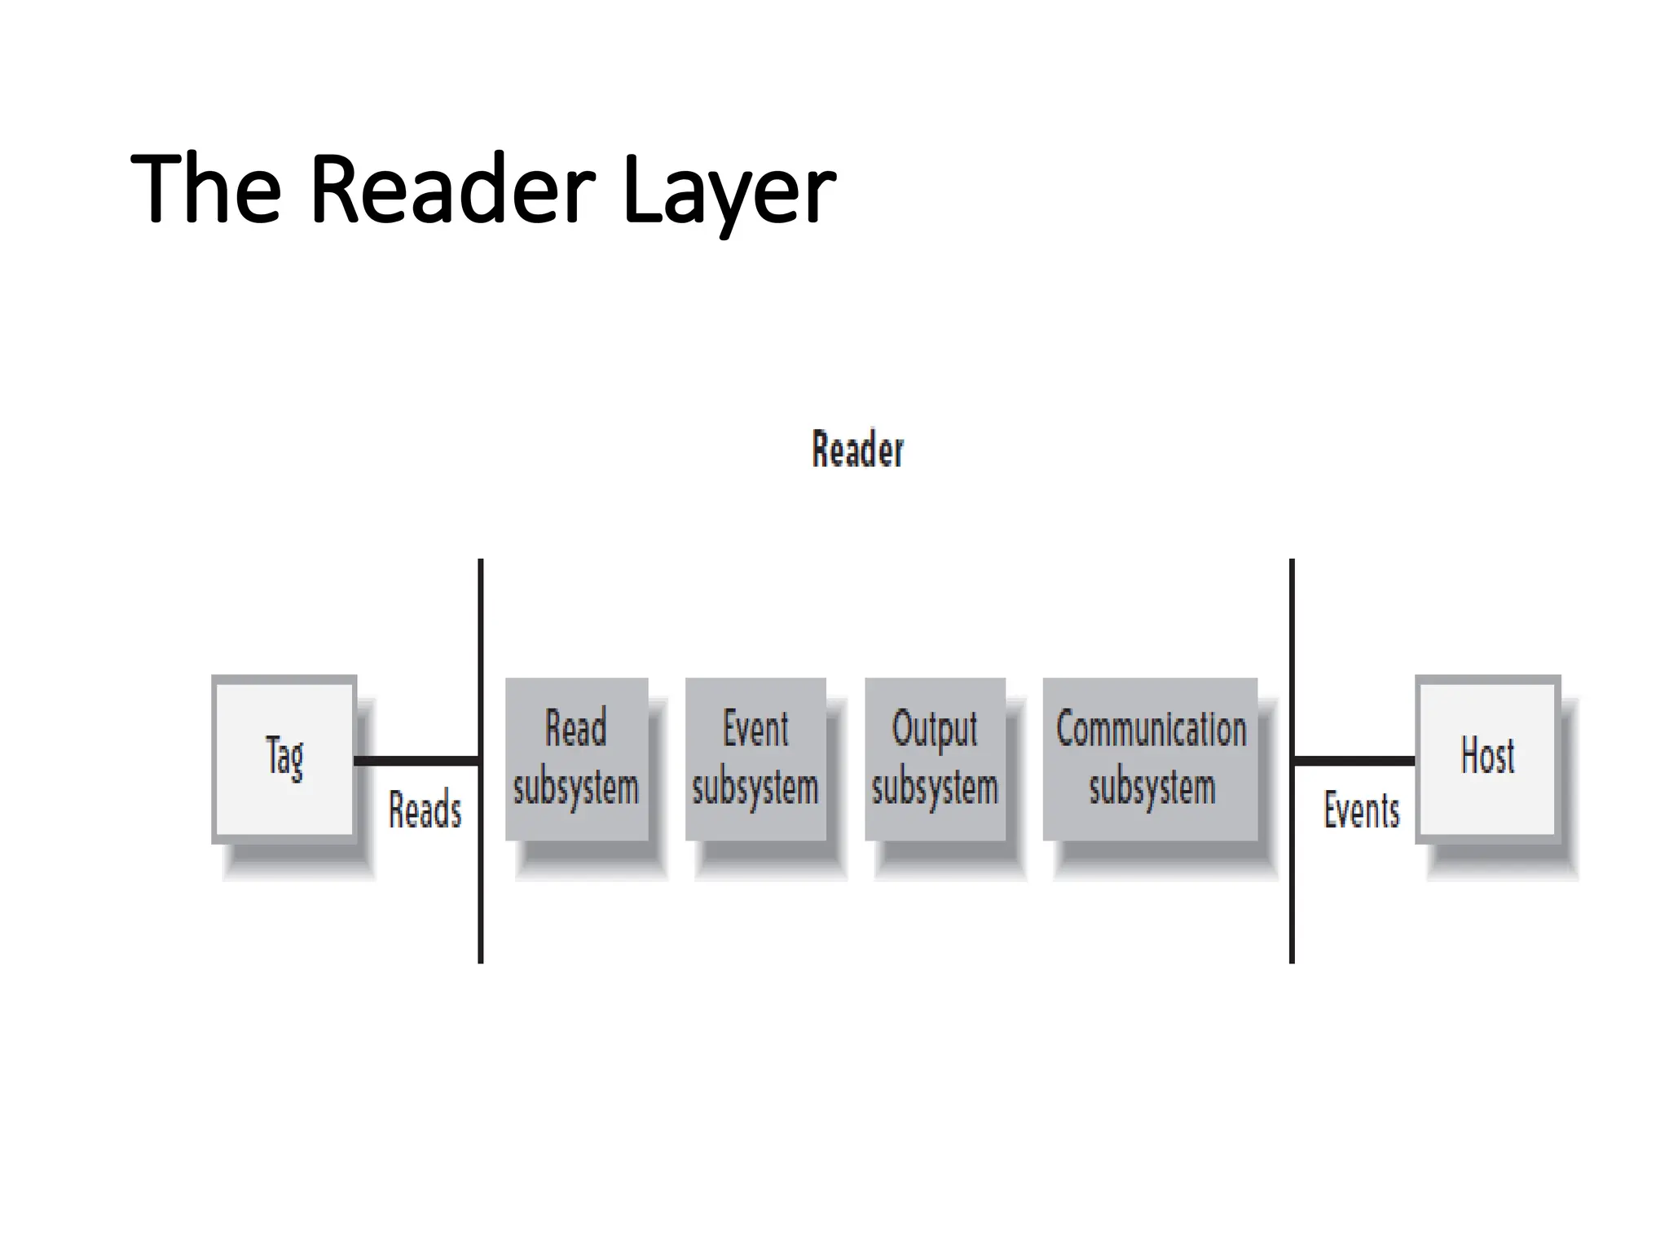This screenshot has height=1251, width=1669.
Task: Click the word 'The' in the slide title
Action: tap(205, 189)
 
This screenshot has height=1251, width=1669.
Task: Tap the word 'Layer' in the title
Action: tap(729, 191)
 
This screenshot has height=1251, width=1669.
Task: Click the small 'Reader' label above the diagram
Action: tap(857, 450)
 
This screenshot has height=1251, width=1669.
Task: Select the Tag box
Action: tap(284, 758)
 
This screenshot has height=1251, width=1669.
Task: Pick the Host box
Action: tap(1487, 758)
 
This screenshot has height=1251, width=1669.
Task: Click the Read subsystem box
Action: tap(576, 758)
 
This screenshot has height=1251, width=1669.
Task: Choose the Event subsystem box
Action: tap(755, 758)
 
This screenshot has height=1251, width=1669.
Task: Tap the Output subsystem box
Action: tap(935, 758)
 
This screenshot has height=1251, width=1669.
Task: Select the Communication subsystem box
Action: tap(1150, 758)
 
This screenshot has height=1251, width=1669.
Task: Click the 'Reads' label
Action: tap(425, 810)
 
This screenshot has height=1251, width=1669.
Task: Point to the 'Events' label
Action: tap(1361, 810)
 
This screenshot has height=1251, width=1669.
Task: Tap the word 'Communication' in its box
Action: tap(1151, 729)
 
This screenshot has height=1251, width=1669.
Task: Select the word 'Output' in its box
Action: tap(935, 729)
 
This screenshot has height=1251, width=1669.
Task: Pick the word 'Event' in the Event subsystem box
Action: tap(755, 729)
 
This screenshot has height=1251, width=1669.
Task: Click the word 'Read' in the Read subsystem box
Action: tap(575, 729)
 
